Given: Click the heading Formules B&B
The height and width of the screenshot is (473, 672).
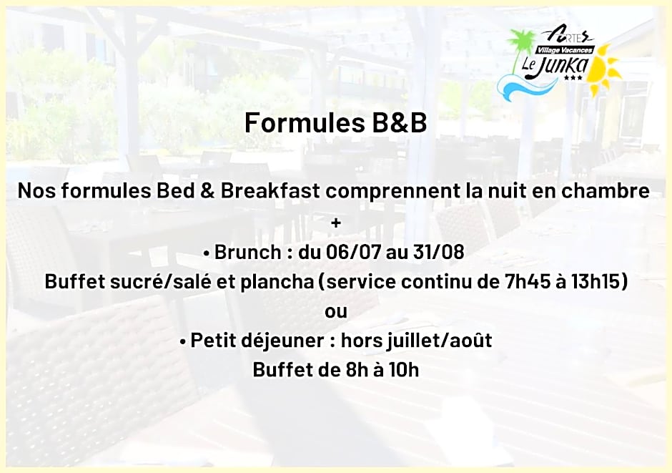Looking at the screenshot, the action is (x=335, y=122).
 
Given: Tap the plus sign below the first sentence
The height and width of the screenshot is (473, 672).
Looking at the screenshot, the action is (x=336, y=223).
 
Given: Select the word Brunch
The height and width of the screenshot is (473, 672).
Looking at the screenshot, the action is (x=247, y=252).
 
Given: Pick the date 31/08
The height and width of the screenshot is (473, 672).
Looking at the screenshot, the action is (x=438, y=252).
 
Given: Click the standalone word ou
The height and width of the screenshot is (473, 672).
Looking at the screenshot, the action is (x=336, y=311).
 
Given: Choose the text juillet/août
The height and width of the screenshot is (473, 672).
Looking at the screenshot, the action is (x=439, y=341).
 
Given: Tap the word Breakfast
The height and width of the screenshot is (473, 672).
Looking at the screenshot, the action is (x=270, y=191).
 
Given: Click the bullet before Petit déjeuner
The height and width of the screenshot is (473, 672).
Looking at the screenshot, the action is (x=183, y=342).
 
